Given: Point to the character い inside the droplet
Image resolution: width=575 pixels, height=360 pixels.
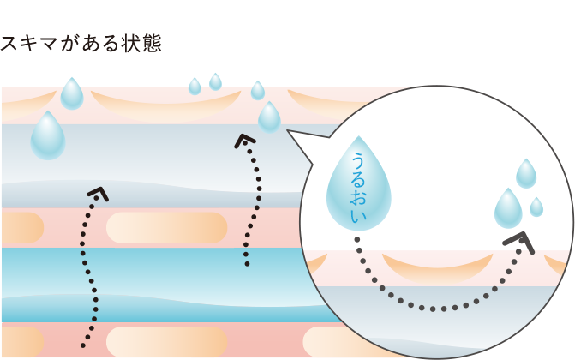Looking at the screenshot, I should (358, 216).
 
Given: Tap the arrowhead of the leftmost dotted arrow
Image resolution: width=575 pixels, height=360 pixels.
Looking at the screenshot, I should (99, 194).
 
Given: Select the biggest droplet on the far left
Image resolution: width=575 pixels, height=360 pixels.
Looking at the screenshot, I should (48, 137).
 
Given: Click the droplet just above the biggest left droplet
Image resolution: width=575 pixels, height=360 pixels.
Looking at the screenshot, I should (72, 94).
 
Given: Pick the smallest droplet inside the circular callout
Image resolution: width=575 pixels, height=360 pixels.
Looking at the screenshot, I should (536, 207).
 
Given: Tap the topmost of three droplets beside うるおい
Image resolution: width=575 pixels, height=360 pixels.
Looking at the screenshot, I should (526, 174).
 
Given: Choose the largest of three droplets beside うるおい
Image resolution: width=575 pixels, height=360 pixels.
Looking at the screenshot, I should (508, 209).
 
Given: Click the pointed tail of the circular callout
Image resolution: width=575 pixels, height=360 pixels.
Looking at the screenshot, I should (290, 132).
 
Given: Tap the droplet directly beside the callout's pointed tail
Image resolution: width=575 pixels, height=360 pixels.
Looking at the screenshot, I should (269, 117).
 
